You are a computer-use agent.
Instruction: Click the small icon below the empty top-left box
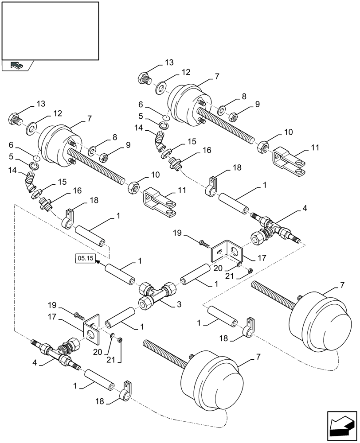pyautogui.click(x=17, y=65)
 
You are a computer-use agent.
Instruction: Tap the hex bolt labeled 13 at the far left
pyautogui.click(x=14, y=119)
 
